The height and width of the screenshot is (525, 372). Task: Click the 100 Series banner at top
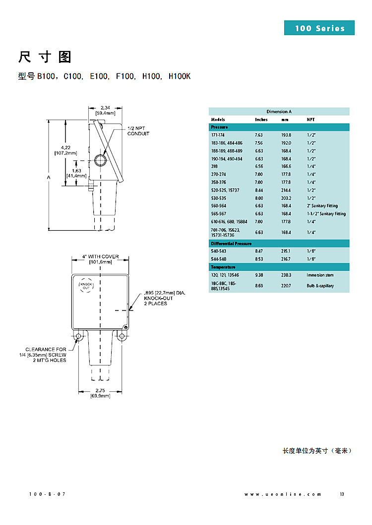319,28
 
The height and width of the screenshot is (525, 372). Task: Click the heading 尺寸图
45,57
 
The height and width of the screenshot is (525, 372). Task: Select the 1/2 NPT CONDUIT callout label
138,131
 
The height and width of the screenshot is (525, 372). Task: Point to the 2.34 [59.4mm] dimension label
105,110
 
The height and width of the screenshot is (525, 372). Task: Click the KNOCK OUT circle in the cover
86,285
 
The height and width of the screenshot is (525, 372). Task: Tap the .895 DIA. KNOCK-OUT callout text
164,298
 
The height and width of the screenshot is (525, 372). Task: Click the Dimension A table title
279,111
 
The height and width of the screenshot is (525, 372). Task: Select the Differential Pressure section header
231,244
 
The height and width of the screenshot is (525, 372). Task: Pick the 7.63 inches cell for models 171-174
258,135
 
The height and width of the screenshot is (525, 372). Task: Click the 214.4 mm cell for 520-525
286,190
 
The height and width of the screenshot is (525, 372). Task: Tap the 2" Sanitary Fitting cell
322,206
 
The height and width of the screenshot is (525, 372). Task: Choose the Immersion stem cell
320,275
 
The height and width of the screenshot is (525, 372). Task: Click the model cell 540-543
219,251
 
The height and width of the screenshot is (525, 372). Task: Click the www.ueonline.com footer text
283,494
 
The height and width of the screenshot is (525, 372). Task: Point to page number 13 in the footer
342,494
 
